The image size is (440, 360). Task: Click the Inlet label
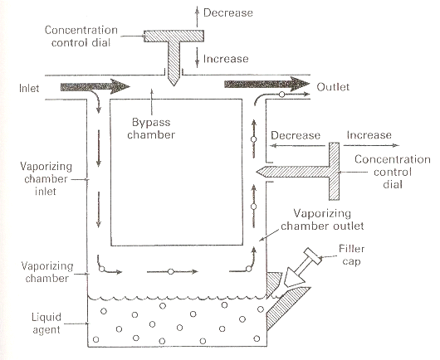(x=29, y=88)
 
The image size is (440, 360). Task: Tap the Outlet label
(x=333, y=87)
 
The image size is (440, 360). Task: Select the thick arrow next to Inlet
(x=95, y=86)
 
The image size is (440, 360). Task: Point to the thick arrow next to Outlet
(x=266, y=84)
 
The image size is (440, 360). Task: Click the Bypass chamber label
(x=151, y=129)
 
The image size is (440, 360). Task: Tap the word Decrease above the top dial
(x=228, y=13)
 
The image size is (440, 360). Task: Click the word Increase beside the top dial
(x=226, y=59)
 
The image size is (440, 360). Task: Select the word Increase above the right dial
(x=369, y=135)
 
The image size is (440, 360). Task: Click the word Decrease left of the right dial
(x=296, y=136)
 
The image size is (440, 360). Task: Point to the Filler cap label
(x=351, y=255)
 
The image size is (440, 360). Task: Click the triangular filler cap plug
(x=294, y=277)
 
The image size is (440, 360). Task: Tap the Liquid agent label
(x=46, y=324)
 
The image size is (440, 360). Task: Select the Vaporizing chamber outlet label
(x=322, y=220)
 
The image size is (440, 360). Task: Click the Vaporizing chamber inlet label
(x=46, y=179)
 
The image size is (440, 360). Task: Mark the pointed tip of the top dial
(x=174, y=85)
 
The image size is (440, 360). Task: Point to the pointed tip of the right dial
(x=257, y=172)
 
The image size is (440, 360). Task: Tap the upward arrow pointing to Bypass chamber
(x=152, y=102)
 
